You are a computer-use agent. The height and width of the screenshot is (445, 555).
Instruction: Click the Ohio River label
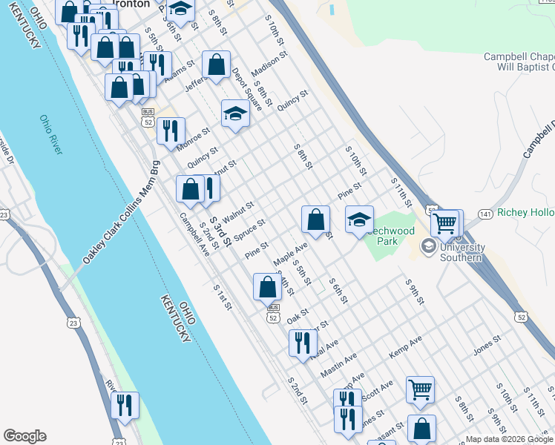51,134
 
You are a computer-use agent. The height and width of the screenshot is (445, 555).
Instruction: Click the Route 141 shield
485,214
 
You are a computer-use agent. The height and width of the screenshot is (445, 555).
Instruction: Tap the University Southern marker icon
428,246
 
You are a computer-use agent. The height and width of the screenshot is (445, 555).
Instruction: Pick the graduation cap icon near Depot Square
235,113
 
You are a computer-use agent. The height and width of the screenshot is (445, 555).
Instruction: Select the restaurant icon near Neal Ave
302,343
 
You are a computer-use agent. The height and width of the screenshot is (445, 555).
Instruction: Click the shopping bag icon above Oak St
267,286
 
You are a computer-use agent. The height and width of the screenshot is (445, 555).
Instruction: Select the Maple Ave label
290,254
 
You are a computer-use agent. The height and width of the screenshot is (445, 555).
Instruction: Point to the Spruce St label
249,230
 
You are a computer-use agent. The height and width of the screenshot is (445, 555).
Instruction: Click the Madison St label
269,65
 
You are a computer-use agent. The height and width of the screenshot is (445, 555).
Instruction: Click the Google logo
24,436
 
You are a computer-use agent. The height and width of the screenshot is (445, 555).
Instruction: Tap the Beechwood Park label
390,236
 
